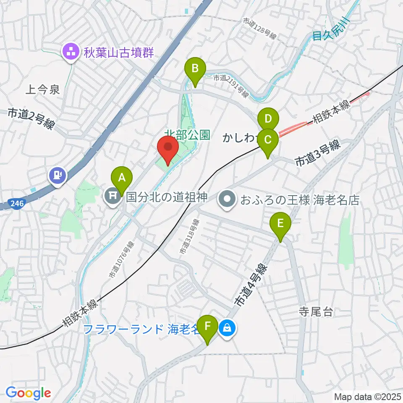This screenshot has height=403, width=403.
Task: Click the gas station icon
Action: pyautogui.click(x=58, y=174)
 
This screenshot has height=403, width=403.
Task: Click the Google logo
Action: pyautogui.click(x=28, y=393)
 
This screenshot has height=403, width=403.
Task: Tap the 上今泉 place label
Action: pyautogui.click(x=43, y=89)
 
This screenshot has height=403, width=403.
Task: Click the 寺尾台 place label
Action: pyautogui.click(x=315, y=311)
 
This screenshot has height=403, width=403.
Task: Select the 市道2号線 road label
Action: pyautogui.click(x=31, y=119)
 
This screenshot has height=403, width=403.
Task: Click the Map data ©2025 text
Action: pyautogui.click(x=368, y=396)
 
